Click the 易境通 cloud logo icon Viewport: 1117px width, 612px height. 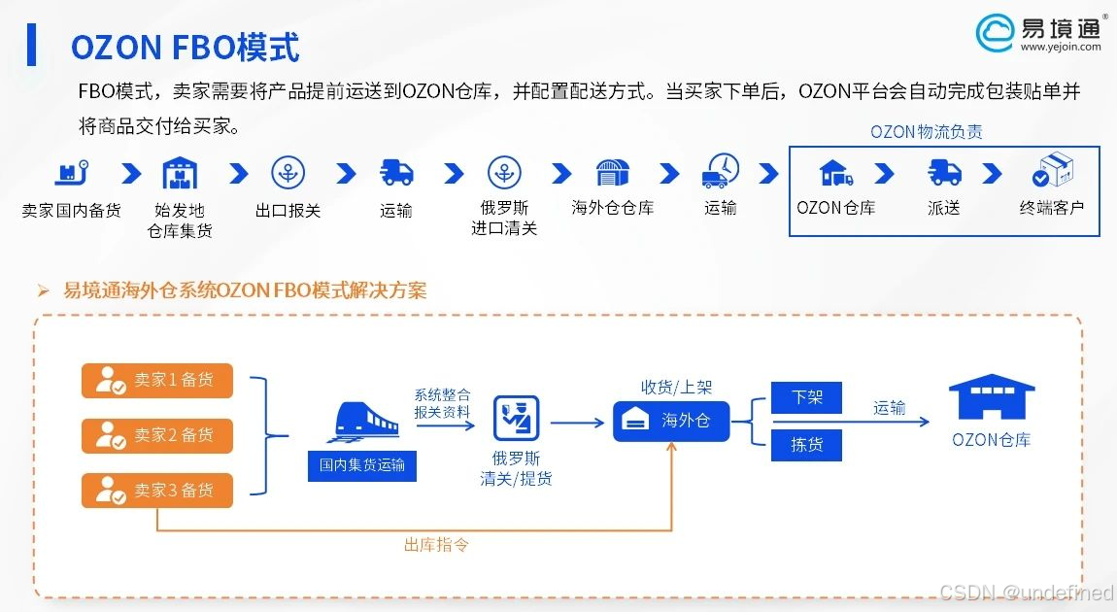tap(995, 31)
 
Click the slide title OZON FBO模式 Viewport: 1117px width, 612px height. tap(185, 47)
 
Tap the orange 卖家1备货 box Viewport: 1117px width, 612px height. tap(157, 380)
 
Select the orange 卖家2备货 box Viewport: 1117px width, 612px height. tap(157, 435)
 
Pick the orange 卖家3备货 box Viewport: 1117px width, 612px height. tap(157, 491)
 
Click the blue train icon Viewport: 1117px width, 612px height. tap(366, 420)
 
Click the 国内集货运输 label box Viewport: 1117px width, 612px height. tap(362, 465)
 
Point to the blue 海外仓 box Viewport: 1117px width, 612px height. tap(670, 421)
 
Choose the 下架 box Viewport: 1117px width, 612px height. tap(806, 397)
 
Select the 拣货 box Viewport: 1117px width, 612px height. tap(806, 445)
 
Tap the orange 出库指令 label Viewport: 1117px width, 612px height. tap(436, 545)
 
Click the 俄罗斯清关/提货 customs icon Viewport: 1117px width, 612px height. tap(516, 419)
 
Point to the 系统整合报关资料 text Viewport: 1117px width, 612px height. tap(442, 403)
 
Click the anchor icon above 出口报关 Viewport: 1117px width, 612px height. tap(288, 173)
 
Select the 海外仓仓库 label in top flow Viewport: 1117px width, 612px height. tap(612, 208)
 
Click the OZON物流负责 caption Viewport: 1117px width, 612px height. tap(926, 132)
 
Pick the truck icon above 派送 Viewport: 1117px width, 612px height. tap(944, 173)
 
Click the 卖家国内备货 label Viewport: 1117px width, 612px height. tap(72, 210)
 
